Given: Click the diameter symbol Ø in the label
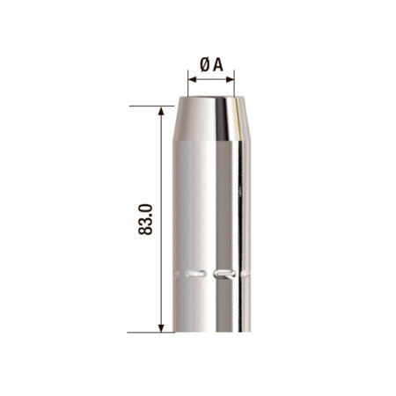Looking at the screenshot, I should [204, 62].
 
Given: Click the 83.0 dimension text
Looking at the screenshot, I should [146, 218].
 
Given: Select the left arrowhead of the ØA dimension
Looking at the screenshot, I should [192, 80].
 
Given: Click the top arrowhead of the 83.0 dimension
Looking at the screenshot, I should [161, 111].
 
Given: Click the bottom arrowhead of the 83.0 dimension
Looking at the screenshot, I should [161, 327].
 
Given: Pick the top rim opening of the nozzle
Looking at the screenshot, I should [212, 99].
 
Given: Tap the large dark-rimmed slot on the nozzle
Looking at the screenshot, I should [225, 273].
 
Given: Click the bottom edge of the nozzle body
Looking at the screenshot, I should [212, 332].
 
